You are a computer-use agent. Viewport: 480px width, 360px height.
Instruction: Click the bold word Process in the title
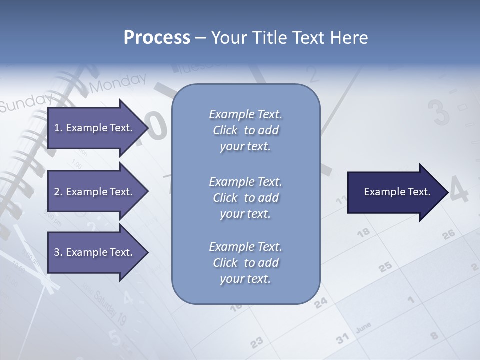(157, 37)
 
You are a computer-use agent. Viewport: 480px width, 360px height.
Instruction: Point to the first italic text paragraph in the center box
(245, 130)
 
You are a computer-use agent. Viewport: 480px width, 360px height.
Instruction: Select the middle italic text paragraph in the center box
(245, 198)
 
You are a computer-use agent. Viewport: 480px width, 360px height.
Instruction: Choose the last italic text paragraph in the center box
(245, 263)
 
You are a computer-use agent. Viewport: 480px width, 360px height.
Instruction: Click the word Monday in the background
(118, 83)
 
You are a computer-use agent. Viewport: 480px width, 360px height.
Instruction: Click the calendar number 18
(363, 232)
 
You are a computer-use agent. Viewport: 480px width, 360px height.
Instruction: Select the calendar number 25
(385, 267)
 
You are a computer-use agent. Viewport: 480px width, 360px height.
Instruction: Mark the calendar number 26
(448, 234)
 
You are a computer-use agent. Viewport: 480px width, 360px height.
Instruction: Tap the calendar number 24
(321, 302)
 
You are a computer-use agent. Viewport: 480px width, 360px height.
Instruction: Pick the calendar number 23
(256, 342)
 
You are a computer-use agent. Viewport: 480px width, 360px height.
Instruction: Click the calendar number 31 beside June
(342, 338)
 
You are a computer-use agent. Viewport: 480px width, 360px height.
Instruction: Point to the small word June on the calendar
(363, 328)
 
